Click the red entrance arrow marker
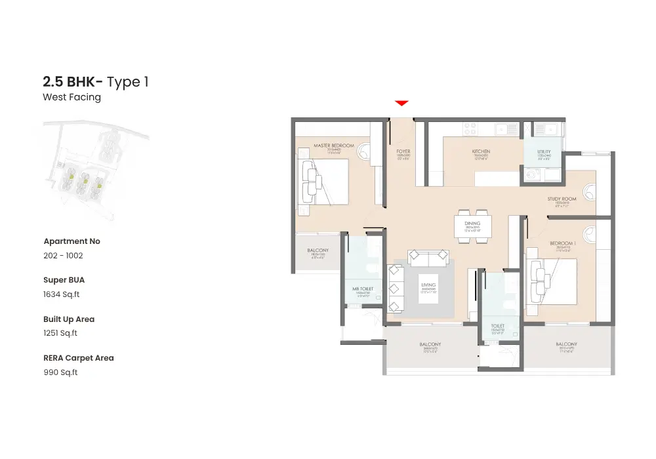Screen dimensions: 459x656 coord(402,103)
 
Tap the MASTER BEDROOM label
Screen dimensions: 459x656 coord(333,146)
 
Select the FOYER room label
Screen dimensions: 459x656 coord(403,151)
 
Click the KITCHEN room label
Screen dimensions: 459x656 coord(481,151)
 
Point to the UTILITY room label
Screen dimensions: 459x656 coord(544,151)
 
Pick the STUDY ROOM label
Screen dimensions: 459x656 coord(562,199)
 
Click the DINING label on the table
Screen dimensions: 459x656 coord(472,224)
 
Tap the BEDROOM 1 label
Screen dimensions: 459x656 coord(563,244)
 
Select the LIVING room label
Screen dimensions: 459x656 coord(428,285)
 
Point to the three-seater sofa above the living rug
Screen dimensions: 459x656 coord(428,256)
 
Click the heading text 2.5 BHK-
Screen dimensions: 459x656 coord(72,82)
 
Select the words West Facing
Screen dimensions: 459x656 coord(72,97)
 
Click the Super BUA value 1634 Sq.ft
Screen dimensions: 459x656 coord(61,294)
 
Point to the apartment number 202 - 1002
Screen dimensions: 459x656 coord(63,256)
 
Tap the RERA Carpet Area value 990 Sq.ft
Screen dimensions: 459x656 coord(60,372)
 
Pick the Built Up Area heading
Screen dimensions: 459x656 coord(69,319)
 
